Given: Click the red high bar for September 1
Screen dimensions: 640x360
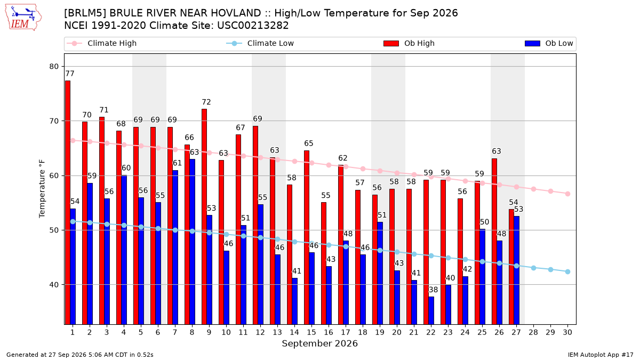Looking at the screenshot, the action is (68, 202).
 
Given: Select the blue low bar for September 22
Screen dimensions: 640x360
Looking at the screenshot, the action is (431, 310).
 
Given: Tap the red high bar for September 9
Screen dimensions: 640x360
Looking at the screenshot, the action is (204, 217).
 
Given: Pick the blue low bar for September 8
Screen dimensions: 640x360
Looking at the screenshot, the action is (193, 242).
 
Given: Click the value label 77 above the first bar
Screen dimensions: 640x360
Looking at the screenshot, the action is (70, 74).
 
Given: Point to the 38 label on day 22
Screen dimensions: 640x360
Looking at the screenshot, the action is (433, 290).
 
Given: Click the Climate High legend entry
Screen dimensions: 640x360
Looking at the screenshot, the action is (101, 43).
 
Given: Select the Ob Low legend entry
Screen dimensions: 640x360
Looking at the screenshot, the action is (549, 43).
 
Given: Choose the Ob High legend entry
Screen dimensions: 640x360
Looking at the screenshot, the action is (409, 43).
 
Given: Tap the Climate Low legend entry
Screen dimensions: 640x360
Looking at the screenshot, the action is (260, 43).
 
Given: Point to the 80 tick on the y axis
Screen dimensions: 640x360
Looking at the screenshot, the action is (54, 67).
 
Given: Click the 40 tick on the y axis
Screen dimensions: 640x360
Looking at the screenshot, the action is (54, 285).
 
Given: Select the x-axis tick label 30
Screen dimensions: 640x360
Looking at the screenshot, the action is (567, 332).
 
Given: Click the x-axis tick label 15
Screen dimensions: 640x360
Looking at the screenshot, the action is (311, 332).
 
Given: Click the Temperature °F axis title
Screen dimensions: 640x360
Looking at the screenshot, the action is (42, 189).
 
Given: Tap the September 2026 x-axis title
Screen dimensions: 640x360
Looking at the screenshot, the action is (319, 343).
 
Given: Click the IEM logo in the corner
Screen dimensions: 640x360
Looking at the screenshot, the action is (23, 18).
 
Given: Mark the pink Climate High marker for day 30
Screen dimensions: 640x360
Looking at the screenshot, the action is (567, 194).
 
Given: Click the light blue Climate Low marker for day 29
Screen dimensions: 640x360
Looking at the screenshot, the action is (550, 269).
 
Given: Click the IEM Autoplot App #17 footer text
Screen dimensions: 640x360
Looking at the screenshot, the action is (601, 355).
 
